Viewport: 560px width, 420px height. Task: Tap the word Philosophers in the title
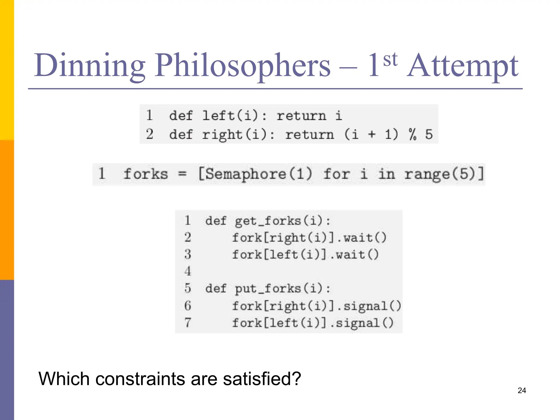pos(243,66)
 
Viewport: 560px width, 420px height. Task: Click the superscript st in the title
pos(390,59)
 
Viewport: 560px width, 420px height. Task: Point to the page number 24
pos(522,390)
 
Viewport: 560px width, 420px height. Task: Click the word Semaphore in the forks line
pos(246,174)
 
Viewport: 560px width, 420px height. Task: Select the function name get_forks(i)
pos(282,221)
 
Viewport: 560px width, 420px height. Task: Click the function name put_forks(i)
pos(282,288)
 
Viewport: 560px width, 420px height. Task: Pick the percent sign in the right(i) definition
pos(413,134)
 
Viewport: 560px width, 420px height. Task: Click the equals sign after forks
pos(182,174)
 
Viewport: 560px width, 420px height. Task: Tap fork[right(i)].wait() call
pos(309,238)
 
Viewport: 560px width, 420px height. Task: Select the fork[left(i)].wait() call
pos(305,255)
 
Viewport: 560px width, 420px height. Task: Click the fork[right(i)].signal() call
pos(316,306)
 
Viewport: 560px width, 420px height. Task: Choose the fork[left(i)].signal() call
pos(313,323)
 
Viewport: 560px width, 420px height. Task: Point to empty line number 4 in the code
pos(188,272)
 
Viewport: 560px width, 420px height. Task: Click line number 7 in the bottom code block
pos(188,323)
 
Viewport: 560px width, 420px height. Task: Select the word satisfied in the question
pos(262,379)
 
